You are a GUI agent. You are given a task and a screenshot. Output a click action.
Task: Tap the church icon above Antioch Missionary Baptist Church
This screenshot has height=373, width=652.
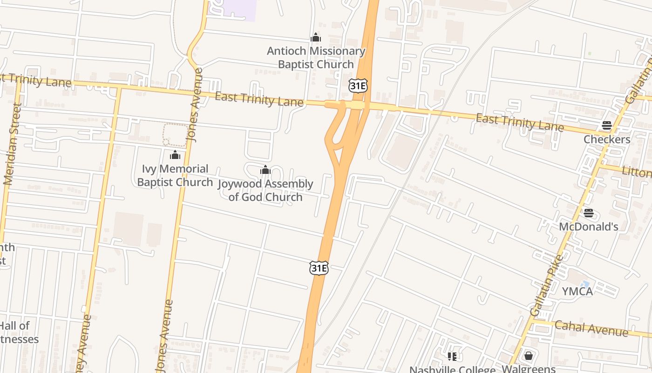[x=316, y=37]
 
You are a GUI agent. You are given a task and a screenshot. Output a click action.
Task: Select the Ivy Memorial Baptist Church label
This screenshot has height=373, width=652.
[x=175, y=175]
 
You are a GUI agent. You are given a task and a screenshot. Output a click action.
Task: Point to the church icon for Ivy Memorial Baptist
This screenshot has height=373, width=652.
[x=175, y=155]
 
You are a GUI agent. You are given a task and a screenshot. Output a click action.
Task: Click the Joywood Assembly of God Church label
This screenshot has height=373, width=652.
[x=265, y=190]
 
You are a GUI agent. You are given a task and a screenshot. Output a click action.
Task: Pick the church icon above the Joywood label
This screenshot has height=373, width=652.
[x=265, y=170]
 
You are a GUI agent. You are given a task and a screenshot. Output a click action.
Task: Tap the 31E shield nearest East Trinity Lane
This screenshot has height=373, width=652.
[x=358, y=85]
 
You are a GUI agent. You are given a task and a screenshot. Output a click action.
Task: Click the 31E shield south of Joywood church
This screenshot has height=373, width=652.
[x=319, y=268]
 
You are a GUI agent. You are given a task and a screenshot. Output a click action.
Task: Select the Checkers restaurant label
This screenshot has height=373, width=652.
[x=607, y=139]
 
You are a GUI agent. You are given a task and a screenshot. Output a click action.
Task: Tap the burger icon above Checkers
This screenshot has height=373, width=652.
[x=606, y=125]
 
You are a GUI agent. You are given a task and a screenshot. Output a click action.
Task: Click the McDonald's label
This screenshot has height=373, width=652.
[x=589, y=227]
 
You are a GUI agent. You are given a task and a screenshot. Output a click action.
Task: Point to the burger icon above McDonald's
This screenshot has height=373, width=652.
[x=589, y=213]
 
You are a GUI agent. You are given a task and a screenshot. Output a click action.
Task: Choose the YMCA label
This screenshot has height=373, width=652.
[x=577, y=291]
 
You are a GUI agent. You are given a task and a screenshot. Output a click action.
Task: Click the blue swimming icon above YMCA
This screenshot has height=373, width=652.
[x=585, y=283]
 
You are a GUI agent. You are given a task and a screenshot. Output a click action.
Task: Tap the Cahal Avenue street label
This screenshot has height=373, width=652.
[x=591, y=328]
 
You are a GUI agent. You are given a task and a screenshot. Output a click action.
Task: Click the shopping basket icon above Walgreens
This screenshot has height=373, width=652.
[x=528, y=356]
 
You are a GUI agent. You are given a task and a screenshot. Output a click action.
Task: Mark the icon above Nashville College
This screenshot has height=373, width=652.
[x=452, y=357]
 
